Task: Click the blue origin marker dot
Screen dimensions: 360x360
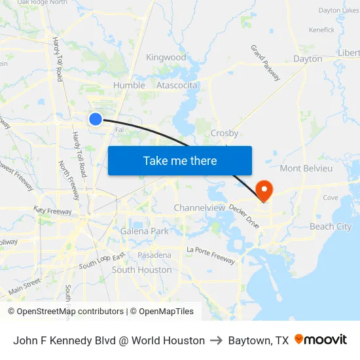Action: pos(96,118)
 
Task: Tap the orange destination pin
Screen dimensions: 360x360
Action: pos(265,190)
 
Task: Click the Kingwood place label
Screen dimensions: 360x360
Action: pos(166,58)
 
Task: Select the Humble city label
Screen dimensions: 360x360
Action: pos(129,86)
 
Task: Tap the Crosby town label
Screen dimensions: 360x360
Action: pos(225,133)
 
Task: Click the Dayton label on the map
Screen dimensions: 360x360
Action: pos(308,59)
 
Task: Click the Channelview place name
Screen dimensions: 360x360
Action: pos(199,208)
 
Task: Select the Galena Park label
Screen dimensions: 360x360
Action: pos(144,231)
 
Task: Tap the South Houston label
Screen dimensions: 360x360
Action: pos(141,270)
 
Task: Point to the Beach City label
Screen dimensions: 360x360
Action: pos(330,226)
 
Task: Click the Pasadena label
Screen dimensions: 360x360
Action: pos(154,255)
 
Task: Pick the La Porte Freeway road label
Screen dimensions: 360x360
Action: pos(211,255)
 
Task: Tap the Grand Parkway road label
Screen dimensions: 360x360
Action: pos(266,63)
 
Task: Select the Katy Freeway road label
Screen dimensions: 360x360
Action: pos(53,211)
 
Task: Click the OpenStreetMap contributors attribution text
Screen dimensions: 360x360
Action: pos(70,312)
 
